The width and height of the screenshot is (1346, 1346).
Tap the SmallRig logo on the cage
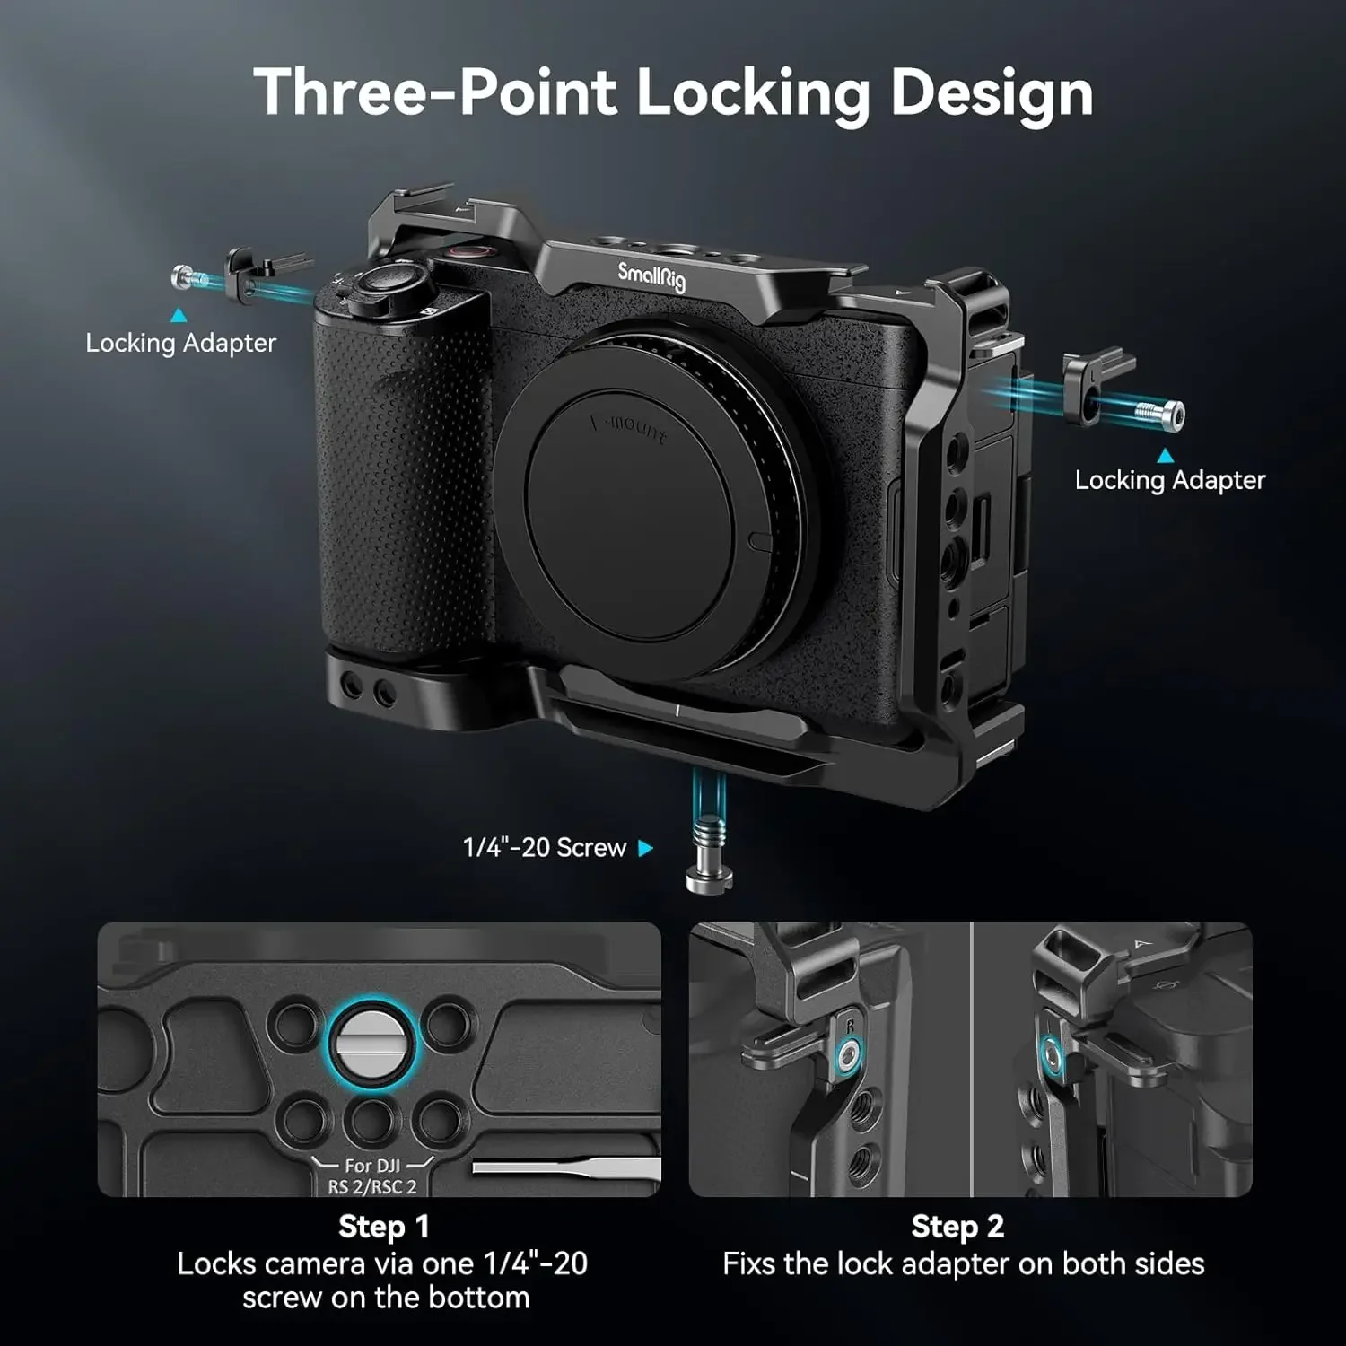pos(651,275)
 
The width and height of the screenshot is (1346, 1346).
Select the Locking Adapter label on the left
pos(180,343)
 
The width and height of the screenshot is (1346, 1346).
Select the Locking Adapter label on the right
pos(1170,480)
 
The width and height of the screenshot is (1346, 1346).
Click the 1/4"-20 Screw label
pos(544,847)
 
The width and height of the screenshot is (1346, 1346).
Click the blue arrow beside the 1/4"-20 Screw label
pos(645,848)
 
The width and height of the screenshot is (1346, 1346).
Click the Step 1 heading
pos(384,1226)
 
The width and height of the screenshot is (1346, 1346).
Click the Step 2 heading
pos(957,1226)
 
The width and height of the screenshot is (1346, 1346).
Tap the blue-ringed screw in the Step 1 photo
pos(371,1043)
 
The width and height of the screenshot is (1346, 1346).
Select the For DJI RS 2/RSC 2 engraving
pos(372,1176)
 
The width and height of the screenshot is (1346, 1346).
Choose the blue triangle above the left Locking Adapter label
pos(179,315)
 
